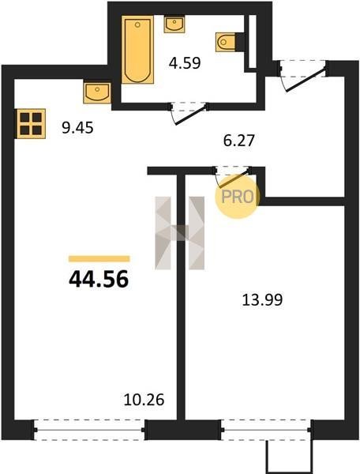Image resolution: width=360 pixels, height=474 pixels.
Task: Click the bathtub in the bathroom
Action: pyautogui.click(x=137, y=50)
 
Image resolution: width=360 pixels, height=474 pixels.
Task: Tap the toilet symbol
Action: pyautogui.click(x=226, y=42)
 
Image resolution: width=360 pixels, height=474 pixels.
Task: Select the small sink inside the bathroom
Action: pyautogui.click(x=174, y=24)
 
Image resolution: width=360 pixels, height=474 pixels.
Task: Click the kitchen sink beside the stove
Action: pyautogui.click(x=97, y=92)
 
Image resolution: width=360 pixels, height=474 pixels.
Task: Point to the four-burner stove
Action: pyautogui.click(x=31, y=124)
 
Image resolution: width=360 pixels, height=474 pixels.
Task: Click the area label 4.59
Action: pyautogui.click(x=185, y=63)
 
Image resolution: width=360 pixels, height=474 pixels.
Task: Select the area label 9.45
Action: pyautogui.click(x=77, y=128)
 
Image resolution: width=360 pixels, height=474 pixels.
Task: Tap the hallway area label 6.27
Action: pyautogui.click(x=239, y=141)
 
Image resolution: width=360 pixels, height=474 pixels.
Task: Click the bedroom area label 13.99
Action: pyautogui.click(x=262, y=300)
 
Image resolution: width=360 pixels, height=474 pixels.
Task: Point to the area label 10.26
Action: pyautogui.click(x=144, y=399)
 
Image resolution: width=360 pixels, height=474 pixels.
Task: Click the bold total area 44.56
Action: pyautogui.click(x=99, y=279)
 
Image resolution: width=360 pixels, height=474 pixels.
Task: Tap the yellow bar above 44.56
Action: pyautogui.click(x=99, y=259)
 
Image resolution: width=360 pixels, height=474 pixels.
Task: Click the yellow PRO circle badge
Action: pyautogui.click(x=238, y=197)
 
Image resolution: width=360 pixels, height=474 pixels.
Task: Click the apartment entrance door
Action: pyautogui.click(x=303, y=76)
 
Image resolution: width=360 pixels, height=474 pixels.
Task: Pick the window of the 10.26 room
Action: pyautogui.click(x=89, y=430)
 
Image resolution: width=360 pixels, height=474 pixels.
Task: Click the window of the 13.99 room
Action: pyautogui.click(x=266, y=430)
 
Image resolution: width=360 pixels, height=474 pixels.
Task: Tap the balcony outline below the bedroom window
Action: pyautogui.click(x=289, y=457)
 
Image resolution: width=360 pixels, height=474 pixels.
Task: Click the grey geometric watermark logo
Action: pyautogui.click(x=180, y=233)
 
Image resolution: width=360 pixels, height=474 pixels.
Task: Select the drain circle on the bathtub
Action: pyautogui.click(x=137, y=24)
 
